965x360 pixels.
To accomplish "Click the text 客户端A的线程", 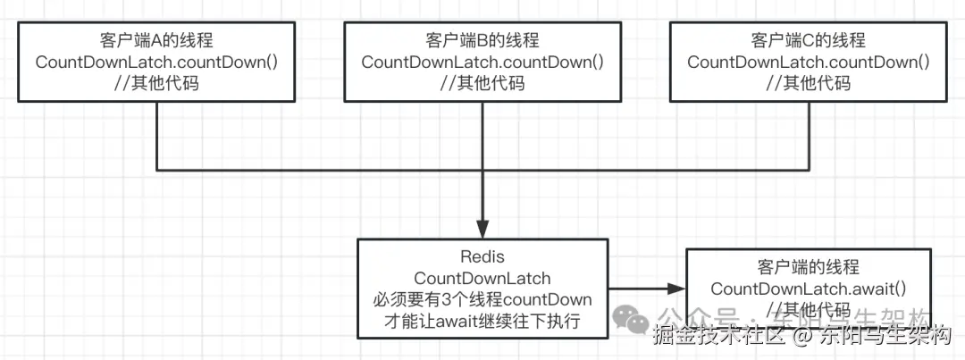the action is pos(156,41).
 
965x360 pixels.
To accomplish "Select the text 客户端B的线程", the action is pos(482,41).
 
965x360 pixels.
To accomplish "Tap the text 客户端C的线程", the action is pos(809,41).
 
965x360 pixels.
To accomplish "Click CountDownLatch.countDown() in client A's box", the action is pos(156,63).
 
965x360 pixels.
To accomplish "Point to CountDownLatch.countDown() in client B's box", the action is pos(482,63).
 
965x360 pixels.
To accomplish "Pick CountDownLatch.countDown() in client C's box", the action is pos(809,63).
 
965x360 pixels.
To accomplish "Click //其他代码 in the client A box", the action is pos(156,84).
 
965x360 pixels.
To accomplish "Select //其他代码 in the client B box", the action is pos(482,84).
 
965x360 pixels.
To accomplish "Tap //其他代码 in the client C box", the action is pos(809,84).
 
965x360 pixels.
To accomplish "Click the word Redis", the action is pos(482,257).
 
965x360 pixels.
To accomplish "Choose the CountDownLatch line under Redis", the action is pos(482,279).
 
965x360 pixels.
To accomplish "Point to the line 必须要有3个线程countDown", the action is pos(482,299).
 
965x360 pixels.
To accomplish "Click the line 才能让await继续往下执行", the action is pos(482,321).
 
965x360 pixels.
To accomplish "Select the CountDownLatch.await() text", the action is pos(808,289).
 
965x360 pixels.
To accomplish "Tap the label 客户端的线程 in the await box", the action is pos(808,267).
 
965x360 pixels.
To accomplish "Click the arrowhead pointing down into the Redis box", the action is pos(482,230).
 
